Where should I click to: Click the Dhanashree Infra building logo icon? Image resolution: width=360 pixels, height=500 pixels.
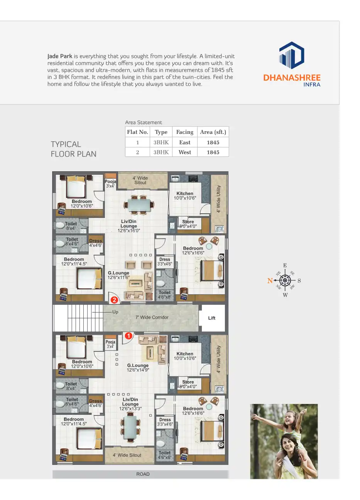pos(292,56)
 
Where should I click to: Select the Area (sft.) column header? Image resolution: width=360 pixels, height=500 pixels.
pos(213,132)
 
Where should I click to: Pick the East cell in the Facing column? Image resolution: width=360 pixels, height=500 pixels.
pos(185,142)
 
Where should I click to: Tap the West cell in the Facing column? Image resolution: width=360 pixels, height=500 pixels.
pos(185,152)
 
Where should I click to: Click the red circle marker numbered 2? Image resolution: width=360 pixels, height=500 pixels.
pos(114,300)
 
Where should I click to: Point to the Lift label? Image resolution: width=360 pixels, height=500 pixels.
pos(212,318)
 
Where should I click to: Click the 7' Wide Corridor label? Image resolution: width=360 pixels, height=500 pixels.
pos(152,318)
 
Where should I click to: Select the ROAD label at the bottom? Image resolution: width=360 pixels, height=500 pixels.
pos(143,474)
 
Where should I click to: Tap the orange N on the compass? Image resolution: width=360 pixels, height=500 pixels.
pos(270,280)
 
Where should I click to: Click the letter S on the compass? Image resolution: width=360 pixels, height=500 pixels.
pos(299,281)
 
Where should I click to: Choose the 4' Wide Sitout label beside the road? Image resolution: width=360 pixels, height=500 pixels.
pos(127,455)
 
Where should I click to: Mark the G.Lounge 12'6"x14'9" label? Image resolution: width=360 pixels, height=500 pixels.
pos(138,368)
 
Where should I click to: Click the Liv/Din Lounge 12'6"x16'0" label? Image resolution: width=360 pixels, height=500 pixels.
pos(129,226)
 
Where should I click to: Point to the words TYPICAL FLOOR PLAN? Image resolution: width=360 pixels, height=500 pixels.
pos(73,149)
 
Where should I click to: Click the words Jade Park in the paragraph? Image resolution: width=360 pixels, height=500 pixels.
pos(60,56)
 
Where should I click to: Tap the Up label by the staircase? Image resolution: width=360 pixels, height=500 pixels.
pos(115,312)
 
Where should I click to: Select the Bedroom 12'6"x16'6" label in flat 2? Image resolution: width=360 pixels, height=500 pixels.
pos(193,251)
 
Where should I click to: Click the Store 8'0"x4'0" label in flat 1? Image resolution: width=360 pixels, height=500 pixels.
pos(188,384)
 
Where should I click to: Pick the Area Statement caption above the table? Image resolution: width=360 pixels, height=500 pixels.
pos(144,122)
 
